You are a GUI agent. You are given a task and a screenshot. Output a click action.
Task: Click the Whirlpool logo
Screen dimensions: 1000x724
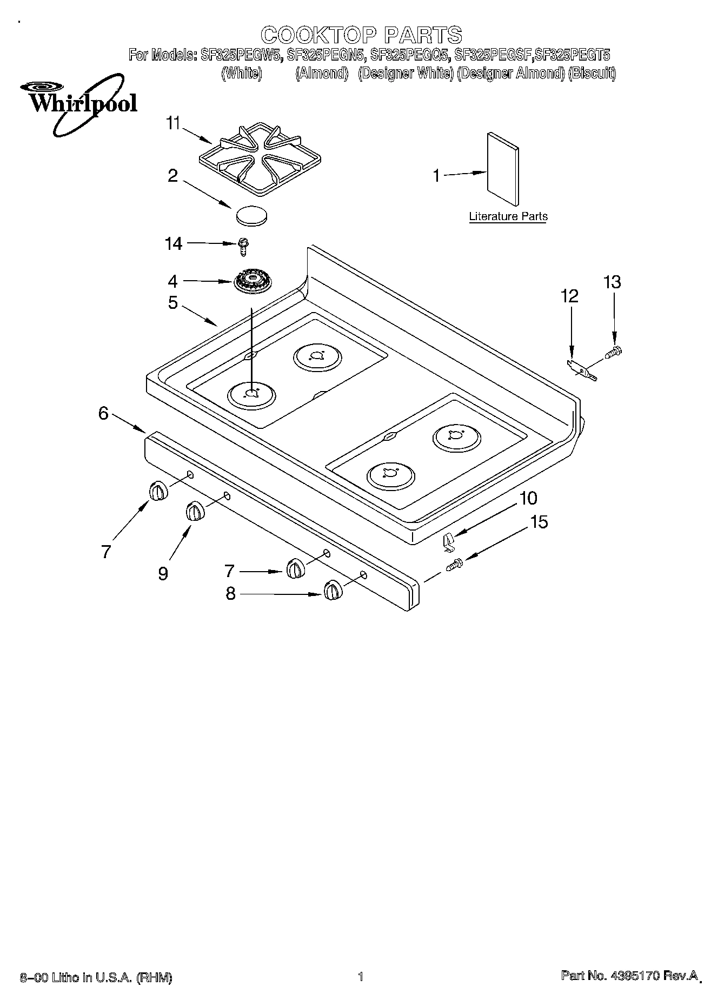[79, 103]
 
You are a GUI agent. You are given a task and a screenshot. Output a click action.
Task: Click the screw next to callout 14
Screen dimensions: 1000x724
[243, 247]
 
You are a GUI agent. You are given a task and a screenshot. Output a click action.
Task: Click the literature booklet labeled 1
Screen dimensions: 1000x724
[502, 170]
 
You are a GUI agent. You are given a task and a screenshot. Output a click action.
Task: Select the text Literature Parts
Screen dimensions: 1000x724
[508, 216]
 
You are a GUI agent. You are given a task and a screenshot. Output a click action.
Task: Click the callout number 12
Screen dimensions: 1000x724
[569, 296]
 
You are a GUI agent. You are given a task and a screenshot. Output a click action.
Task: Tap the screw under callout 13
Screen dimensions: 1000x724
[614, 353]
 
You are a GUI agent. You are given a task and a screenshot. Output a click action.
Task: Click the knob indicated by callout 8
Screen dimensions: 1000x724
[333, 591]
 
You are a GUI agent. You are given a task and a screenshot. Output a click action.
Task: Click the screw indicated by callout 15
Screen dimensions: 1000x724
[453, 565]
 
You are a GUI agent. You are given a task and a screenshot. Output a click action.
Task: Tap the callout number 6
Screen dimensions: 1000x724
[103, 413]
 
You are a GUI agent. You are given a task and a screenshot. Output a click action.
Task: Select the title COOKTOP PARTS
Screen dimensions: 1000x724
[362, 35]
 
